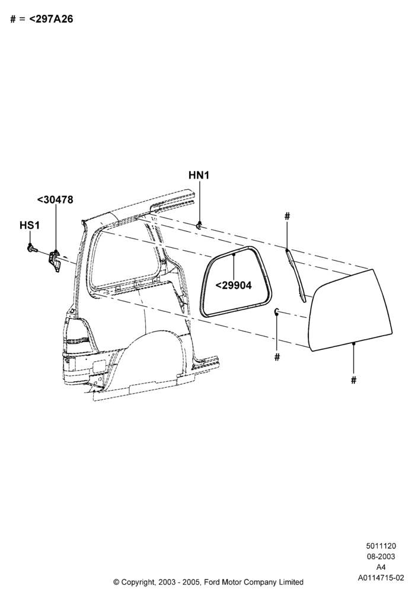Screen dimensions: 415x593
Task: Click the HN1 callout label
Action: coord(199,175)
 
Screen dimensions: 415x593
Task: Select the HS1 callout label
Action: coord(30,225)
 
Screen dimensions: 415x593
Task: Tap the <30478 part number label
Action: coord(55,200)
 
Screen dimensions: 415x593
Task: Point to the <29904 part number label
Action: coord(233,285)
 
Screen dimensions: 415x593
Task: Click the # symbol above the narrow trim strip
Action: coord(288,216)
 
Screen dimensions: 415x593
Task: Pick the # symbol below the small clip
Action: coord(277,356)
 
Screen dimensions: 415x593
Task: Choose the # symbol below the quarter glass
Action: coord(353,380)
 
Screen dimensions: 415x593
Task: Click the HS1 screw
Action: coord(32,248)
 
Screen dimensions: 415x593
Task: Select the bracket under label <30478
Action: coord(54,260)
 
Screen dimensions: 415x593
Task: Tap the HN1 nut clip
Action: coord(199,225)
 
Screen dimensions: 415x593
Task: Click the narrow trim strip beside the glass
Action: coord(296,275)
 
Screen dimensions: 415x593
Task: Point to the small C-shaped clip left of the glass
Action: coord(277,311)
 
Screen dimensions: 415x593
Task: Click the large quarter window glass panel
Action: coord(350,310)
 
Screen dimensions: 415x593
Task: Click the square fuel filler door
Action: coord(99,366)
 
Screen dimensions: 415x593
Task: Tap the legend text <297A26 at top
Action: coord(51,19)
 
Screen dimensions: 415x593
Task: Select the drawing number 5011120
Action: coord(381,546)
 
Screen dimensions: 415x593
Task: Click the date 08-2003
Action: coord(381,556)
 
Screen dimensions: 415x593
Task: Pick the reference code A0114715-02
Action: coord(381,578)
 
